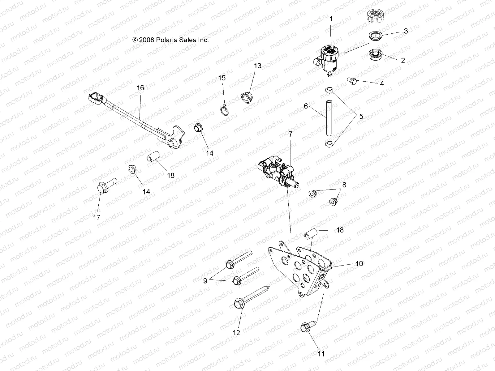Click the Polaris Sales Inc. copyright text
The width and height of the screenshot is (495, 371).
pyautogui.click(x=170, y=40)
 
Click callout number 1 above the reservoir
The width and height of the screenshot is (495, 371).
pyautogui.click(x=330, y=19)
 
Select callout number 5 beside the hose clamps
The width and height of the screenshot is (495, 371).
pyautogui.click(x=361, y=117)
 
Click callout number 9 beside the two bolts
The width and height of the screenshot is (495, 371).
pyautogui.click(x=205, y=281)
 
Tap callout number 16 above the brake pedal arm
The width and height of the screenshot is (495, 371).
pyautogui.click(x=140, y=88)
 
